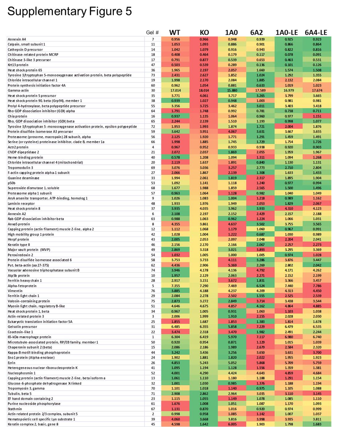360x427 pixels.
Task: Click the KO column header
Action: [204, 33]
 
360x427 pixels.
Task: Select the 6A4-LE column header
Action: [316, 33]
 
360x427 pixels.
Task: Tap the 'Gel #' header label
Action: [152, 33]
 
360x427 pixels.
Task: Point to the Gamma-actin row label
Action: [18, 90]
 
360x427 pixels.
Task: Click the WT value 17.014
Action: [176, 90]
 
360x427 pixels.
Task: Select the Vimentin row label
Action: [15, 291]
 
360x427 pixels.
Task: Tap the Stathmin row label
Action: [15, 409]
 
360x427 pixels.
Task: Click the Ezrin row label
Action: [12, 363]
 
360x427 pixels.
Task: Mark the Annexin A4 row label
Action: [17, 39]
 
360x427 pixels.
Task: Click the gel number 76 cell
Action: [153, 291]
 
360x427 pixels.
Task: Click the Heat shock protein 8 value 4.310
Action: [288, 209]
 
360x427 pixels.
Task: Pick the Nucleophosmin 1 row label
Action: [22, 373]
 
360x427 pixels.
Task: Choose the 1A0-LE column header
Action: [287, 33]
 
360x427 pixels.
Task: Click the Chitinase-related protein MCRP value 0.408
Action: [176, 54]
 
